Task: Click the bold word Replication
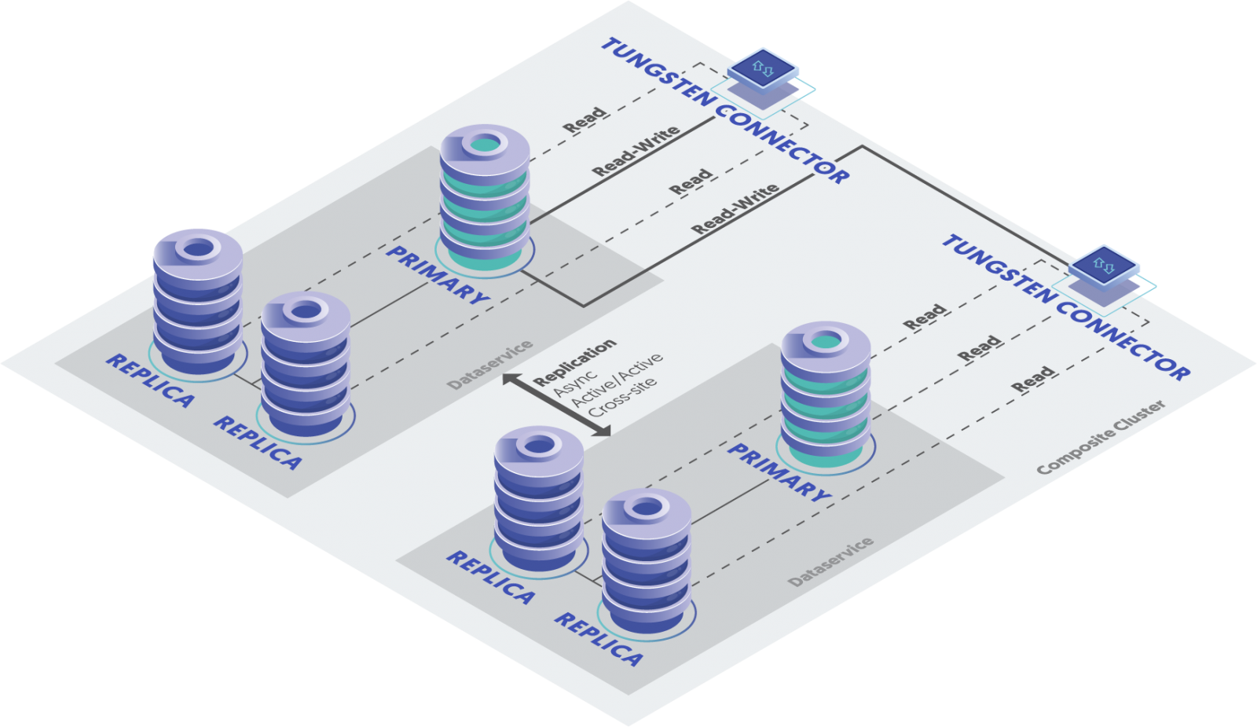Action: click(574, 362)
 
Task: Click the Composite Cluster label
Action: click(1101, 437)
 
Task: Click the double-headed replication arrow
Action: click(556, 404)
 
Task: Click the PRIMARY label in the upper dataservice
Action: click(438, 275)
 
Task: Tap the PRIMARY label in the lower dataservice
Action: click(779, 472)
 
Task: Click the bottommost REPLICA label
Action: click(599, 640)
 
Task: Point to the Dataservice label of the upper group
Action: click(490, 365)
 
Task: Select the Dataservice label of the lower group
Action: click(830, 562)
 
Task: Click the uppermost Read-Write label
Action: click(636, 151)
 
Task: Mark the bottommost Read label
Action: click(1033, 379)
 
